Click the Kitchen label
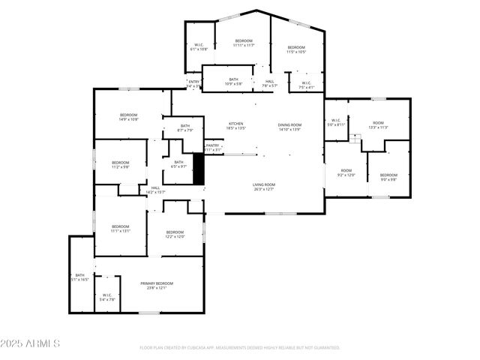[x=236, y=126]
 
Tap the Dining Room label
[x=289, y=127]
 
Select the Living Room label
[x=264, y=186]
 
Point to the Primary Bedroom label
[x=157, y=285]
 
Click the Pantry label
[x=213, y=148]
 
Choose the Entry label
[x=193, y=83]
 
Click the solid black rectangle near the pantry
[x=199, y=169]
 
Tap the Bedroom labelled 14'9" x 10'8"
[x=128, y=116]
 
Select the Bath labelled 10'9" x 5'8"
[x=233, y=81]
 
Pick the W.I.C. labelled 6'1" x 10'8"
[x=199, y=47]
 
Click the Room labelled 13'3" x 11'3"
[x=378, y=124]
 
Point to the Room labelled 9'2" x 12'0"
[x=346, y=172]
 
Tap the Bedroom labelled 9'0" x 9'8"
[x=388, y=177]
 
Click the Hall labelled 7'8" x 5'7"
[x=269, y=84]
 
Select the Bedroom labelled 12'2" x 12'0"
[x=175, y=234]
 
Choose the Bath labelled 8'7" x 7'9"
[x=184, y=128]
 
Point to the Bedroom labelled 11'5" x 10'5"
[x=296, y=49]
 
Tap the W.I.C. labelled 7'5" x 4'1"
[x=306, y=85]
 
